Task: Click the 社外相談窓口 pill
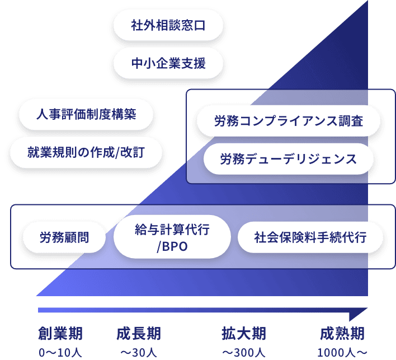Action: click(168, 26)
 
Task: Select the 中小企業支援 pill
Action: click(168, 63)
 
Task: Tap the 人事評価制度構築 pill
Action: click(86, 114)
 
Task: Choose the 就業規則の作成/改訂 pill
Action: click(86, 152)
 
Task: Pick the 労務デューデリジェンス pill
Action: click(289, 159)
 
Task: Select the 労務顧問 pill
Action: click(64, 237)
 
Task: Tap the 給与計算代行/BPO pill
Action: click(172, 237)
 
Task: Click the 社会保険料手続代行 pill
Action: click(310, 237)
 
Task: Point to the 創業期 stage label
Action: click(60, 334)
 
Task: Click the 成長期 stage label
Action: click(139, 334)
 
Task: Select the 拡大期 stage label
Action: click(243, 334)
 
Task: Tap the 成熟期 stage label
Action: click(342, 334)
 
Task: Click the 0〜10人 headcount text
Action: click(60, 353)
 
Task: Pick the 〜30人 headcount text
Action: click(139, 353)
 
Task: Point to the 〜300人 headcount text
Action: click(243, 353)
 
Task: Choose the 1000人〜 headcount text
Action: click(342, 353)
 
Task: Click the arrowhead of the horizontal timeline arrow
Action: click(361, 311)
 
